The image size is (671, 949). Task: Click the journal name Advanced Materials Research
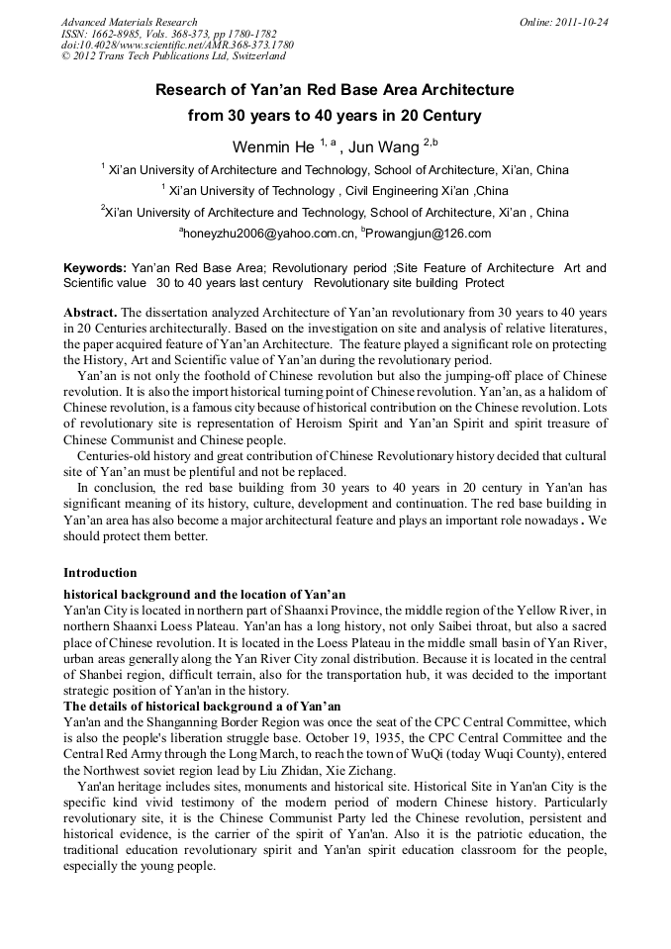coord(129,22)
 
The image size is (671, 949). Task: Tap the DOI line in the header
coord(177,46)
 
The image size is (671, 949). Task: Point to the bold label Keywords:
coord(95,268)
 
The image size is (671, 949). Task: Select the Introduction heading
coord(100,572)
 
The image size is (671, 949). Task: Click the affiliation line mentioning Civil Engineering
coord(336,190)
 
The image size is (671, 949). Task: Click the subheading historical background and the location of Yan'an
coord(205,594)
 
